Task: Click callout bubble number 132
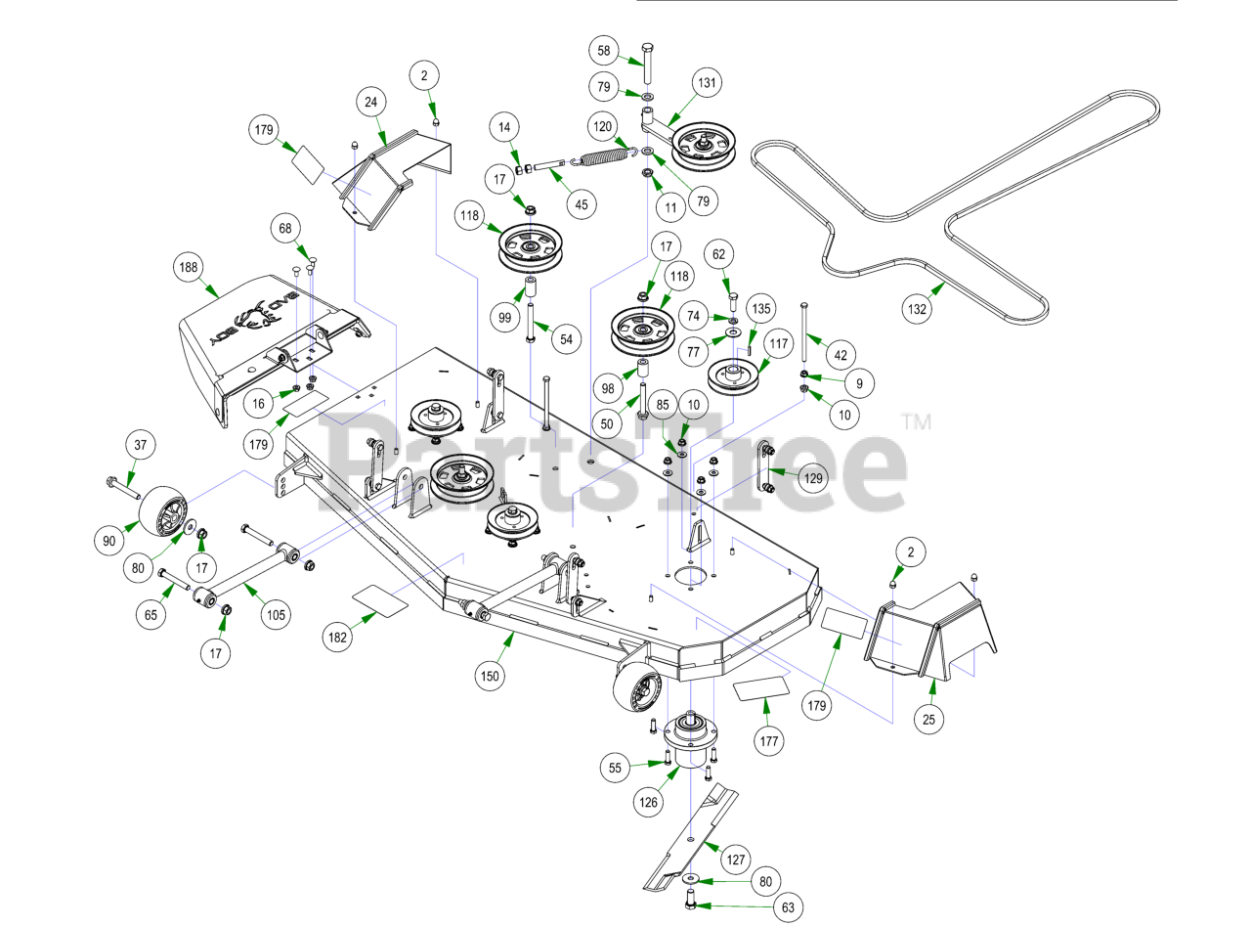917,309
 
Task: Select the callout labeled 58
604,50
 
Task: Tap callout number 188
189,267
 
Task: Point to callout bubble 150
490,674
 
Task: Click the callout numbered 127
736,861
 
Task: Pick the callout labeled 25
928,721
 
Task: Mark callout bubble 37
140,446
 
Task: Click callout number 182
337,637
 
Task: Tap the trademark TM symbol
916,422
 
